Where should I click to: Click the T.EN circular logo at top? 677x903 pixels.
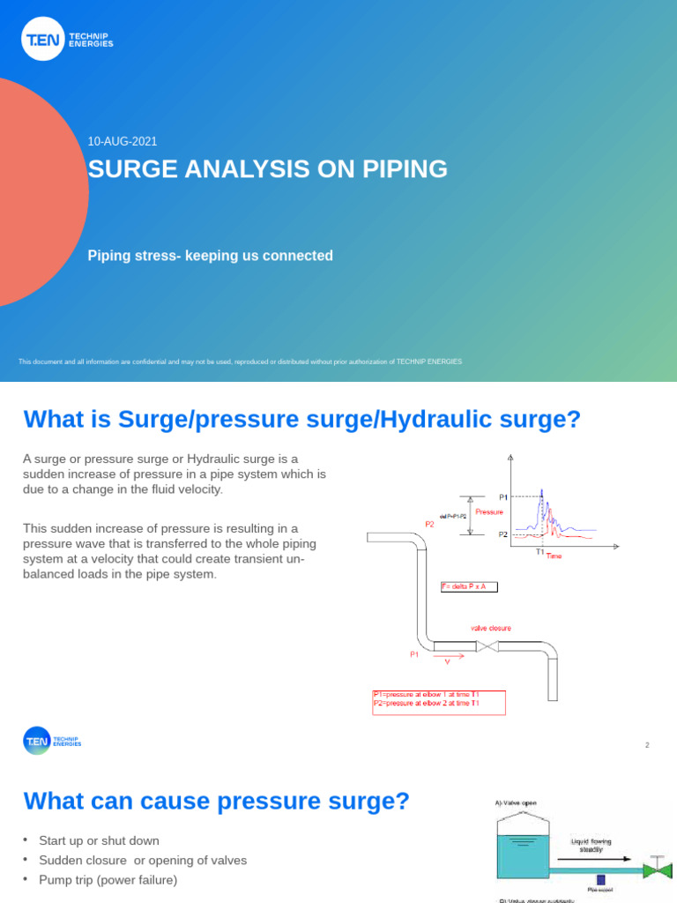[42, 39]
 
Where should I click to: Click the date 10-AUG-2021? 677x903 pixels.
[123, 142]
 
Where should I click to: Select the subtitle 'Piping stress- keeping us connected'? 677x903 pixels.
[210, 256]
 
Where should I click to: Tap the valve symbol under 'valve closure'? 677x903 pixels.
[487, 646]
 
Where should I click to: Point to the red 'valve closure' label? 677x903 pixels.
[490, 629]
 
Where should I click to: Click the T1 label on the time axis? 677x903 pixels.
[540, 552]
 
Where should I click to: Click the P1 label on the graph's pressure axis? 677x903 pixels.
[503, 497]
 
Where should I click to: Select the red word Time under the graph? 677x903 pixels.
[554, 557]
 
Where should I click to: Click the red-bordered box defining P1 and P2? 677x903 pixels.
[438, 703]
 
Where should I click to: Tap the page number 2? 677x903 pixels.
[647, 746]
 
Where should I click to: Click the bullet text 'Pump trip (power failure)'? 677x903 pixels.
[108, 879]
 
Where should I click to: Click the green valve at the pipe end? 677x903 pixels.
[656, 870]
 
